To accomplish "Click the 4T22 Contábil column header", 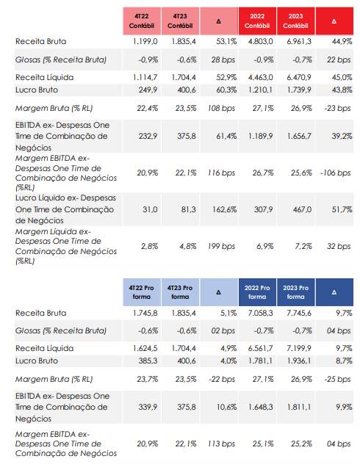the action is point(142,21).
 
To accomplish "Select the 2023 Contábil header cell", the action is point(295,21).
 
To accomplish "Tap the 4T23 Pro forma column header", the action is point(180,292).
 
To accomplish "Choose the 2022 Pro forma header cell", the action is point(257,292).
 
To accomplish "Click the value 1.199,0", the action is point(145,41).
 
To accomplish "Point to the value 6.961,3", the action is point(299,41).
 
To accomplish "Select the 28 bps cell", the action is point(223,60).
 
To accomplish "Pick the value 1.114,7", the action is point(145,77).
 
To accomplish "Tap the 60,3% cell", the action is point(226,90).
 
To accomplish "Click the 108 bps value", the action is point(221,108).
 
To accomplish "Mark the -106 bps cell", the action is point(335,173).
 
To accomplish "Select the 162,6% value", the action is point(224,210).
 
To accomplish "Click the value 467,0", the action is point(302,210).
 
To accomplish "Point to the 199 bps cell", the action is point(221,246).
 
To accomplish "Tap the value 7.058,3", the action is point(261,313).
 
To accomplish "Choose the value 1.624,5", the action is point(145,348).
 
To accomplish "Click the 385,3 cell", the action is point(148,361).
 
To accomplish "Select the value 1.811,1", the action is point(299,407).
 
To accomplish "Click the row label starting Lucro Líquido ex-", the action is point(65,209).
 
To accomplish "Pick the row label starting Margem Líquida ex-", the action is point(66,246).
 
